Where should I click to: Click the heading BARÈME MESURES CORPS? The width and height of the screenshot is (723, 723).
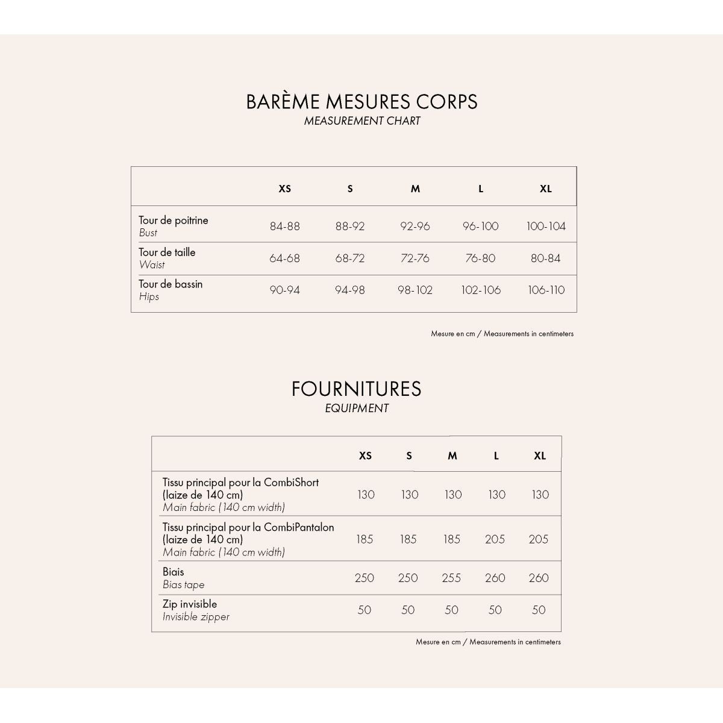361,101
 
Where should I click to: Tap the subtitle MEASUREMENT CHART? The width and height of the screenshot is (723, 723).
361,120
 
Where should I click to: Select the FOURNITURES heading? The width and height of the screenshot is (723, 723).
356,389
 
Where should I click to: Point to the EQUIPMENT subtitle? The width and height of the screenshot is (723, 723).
356,408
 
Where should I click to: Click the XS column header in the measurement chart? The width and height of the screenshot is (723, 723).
285,189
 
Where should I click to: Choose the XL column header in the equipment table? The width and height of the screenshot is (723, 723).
540,455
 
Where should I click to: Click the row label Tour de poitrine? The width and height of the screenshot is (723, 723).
174,221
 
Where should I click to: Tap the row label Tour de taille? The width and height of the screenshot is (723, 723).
167,252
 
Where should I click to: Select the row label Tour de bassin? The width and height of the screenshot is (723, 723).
171,284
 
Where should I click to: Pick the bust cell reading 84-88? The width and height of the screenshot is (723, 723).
285,227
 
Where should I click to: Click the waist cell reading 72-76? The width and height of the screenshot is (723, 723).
415,258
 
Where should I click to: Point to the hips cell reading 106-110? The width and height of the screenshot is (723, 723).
546,290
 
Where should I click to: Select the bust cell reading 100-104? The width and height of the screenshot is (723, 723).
546,227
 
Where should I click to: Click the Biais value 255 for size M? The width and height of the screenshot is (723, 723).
451,578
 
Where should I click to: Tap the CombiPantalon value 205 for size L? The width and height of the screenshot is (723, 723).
495,539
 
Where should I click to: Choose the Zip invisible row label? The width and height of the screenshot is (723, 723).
190,604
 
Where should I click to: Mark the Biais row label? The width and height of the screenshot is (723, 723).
174,572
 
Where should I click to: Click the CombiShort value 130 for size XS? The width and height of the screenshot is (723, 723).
366,495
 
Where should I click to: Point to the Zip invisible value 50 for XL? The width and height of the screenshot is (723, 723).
539,610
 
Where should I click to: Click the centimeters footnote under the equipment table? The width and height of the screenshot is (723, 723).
488,642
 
